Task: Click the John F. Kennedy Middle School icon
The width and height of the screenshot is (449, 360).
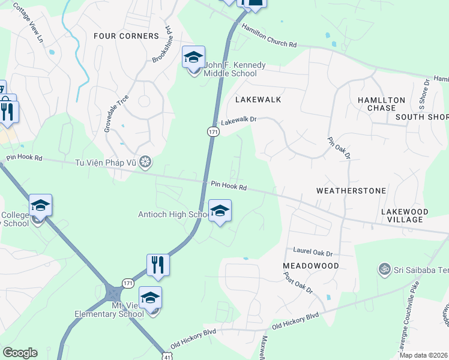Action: tap(193, 58)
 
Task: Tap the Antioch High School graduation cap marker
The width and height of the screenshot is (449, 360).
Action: tap(220, 211)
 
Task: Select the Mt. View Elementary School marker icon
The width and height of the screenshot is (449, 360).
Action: tap(151, 298)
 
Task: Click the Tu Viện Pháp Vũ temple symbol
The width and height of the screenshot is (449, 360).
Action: tap(145, 162)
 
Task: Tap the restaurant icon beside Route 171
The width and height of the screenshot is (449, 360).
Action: tap(158, 264)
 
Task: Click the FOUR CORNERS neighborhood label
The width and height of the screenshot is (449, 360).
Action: tap(126, 36)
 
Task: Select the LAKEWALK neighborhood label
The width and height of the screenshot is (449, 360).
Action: tap(258, 99)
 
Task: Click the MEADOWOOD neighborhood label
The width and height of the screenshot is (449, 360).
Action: tap(311, 265)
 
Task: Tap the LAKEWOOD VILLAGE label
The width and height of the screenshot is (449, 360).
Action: tap(405, 216)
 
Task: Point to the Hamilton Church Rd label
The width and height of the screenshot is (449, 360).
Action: tap(269, 36)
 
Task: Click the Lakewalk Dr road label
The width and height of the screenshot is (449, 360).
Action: tap(238, 121)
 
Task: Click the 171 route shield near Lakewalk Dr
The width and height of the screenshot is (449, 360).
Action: tap(212, 131)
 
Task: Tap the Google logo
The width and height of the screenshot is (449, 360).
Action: tap(20, 353)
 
